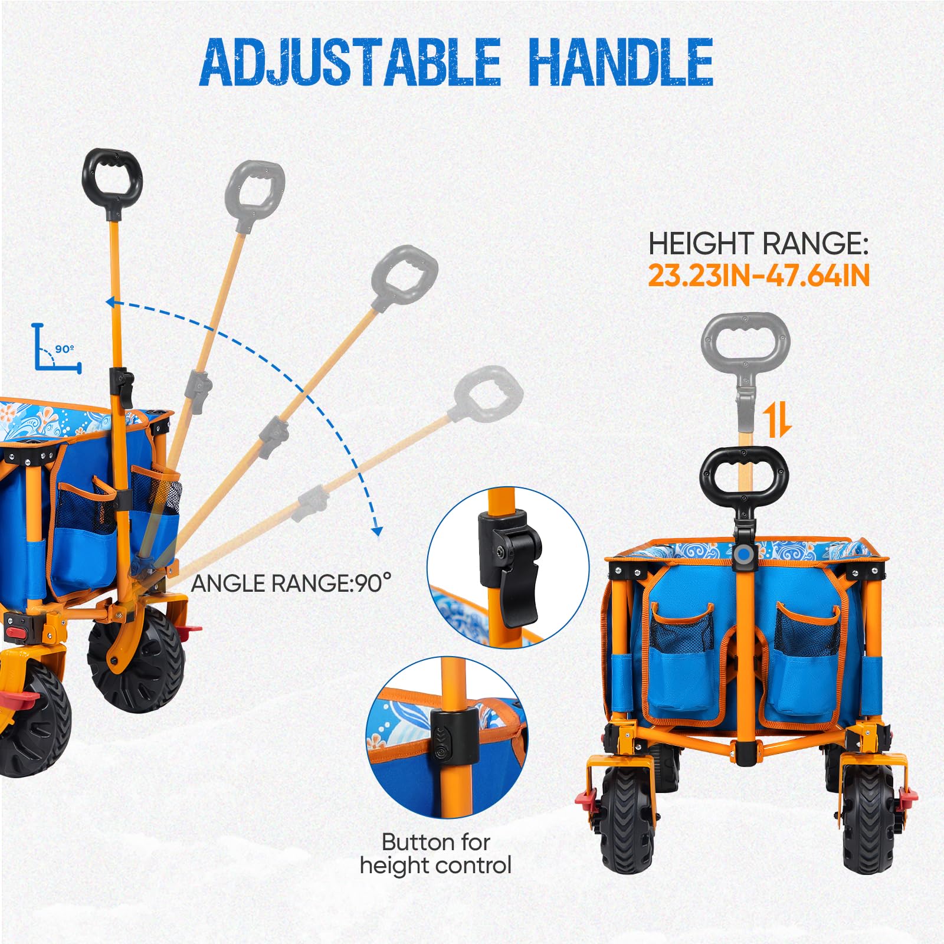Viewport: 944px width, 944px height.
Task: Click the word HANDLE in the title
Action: pos(621,61)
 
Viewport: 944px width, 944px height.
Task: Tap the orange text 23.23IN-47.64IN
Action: pos(759,276)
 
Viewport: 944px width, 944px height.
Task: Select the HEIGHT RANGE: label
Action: pos(758,243)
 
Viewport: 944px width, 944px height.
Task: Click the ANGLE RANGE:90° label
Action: pos(291,583)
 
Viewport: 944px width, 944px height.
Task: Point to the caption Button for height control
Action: pos(435,853)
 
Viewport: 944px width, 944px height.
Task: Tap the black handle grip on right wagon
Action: pos(744,477)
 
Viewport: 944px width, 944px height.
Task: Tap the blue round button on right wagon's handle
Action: pos(745,555)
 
